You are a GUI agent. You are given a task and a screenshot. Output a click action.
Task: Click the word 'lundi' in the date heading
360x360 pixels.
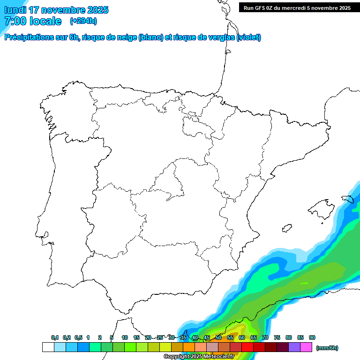[x=15, y=10]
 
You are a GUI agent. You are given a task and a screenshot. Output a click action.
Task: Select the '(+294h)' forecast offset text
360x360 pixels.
[x=83, y=21]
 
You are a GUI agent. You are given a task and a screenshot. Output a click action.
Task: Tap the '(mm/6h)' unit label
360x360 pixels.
[x=327, y=348]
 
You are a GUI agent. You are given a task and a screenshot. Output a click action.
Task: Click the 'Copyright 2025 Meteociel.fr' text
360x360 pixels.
[x=199, y=357]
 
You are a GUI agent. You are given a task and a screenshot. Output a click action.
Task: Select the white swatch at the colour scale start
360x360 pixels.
[x=48, y=347]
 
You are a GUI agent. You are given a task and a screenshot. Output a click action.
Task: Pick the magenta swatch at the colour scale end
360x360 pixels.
[x=306, y=347]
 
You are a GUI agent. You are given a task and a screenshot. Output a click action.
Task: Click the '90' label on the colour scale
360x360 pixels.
[x=312, y=337]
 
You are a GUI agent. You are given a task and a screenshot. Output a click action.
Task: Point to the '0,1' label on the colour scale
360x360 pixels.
[x=55, y=337]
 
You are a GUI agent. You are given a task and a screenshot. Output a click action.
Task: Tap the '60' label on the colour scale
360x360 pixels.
[x=242, y=337]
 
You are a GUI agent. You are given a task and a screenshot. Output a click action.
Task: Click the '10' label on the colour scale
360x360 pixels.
[x=125, y=337]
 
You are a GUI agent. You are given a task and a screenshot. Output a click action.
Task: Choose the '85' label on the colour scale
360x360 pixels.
[x=300, y=337]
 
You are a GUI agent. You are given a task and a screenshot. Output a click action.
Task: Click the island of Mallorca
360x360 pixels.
[x=320, y=208]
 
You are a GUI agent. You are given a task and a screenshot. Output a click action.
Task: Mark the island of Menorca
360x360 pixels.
[x=347, y=199]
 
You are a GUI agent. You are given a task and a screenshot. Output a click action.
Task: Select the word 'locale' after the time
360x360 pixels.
[x=45, y=21]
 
